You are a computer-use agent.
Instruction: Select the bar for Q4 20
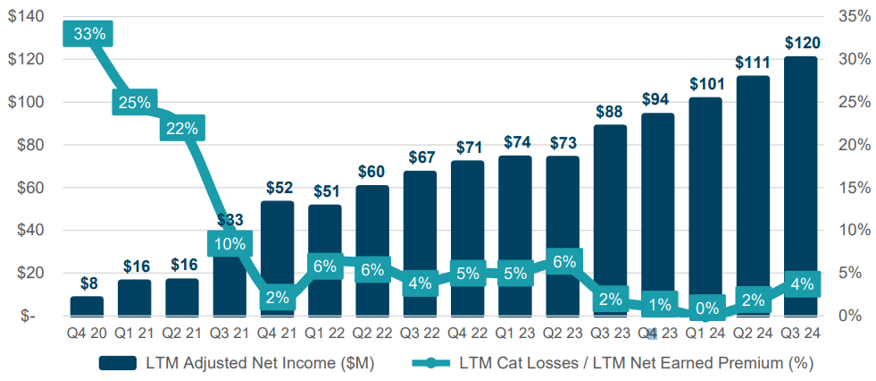87,306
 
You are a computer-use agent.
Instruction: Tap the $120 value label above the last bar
801,43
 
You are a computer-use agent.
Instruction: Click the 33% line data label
88,34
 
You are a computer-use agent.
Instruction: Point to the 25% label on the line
135,102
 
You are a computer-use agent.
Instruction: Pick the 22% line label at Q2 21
182,128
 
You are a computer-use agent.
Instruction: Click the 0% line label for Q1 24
705,308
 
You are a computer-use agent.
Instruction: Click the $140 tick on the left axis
25,17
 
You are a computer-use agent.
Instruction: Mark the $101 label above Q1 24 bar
705,84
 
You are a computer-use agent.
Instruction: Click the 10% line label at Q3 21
229,243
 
